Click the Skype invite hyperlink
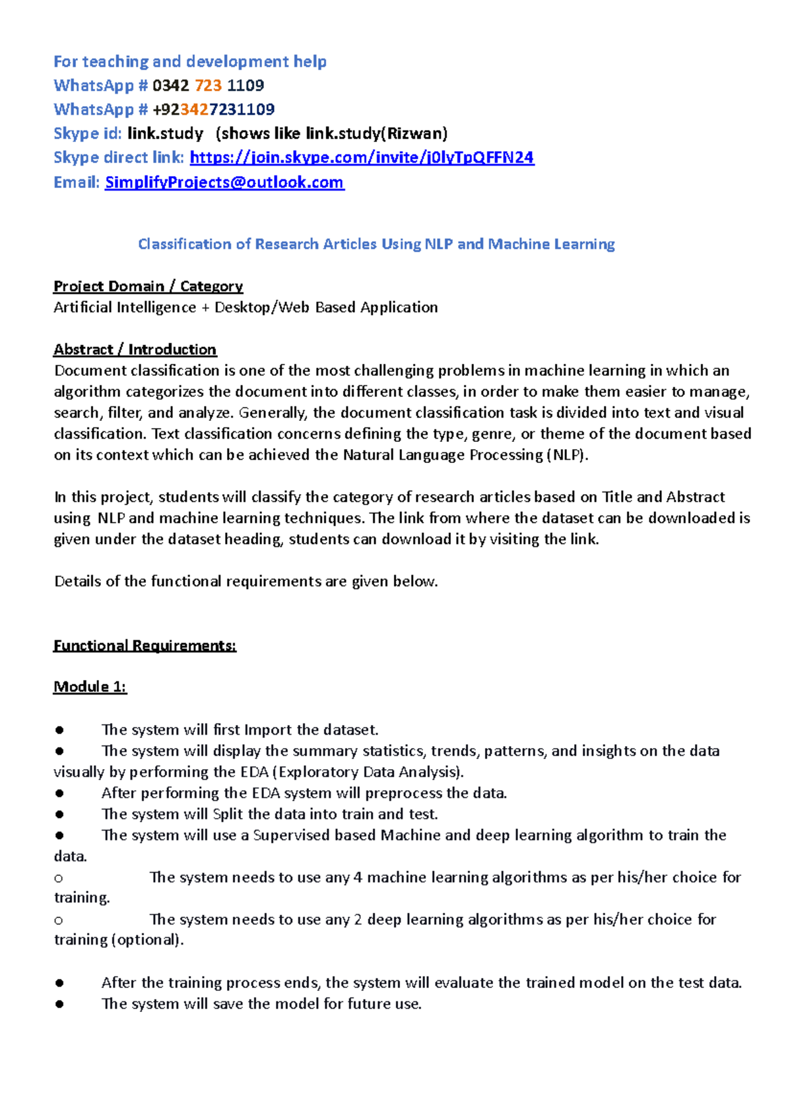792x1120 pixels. click(362, 158)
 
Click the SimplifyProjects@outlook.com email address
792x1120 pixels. click(224, 183)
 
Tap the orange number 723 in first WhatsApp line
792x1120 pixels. click(209, 86)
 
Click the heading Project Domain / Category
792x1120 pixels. click(148, 286)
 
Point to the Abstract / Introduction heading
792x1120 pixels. click(135, 350)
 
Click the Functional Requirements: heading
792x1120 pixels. click(145, 646)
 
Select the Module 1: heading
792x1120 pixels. click(90, 687)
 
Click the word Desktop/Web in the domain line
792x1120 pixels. click(262, 307)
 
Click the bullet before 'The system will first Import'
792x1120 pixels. click(59, 730)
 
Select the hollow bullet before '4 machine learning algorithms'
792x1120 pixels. click(59, 878)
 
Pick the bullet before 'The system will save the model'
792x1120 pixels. click(59, 1005)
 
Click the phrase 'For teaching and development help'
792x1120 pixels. click(190, 62)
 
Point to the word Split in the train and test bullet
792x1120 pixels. click(228, 815)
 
